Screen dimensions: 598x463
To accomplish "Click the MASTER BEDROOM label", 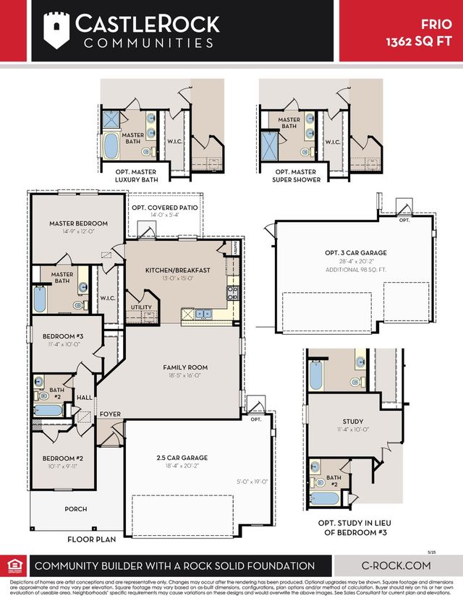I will pos(78,223).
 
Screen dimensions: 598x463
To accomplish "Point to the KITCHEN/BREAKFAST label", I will pos(177,270).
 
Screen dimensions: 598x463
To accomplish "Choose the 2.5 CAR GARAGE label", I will pos(182,458).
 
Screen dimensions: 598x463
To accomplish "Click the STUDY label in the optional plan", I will pos(352,421).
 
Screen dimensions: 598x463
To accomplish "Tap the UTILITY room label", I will pos(142,307).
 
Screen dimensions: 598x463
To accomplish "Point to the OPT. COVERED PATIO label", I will pos(164,207).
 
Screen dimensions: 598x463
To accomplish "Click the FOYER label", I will pos(110,414).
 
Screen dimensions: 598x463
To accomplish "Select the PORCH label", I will pos(75,509).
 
